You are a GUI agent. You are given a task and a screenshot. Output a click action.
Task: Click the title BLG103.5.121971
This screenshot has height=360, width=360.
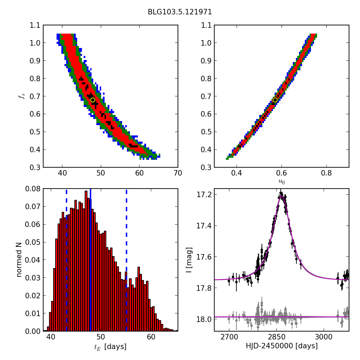point(180,12)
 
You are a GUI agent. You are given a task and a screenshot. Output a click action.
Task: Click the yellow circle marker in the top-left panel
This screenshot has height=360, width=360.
point(93,100)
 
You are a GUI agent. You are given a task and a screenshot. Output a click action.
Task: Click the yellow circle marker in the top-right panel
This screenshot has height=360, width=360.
point(275,100)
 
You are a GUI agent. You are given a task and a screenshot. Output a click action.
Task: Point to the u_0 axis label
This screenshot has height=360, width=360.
point(281,182)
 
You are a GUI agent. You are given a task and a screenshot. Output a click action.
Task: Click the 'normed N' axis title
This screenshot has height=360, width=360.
point(19,260)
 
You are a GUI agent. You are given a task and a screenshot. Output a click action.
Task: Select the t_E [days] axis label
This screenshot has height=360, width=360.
point(110,347)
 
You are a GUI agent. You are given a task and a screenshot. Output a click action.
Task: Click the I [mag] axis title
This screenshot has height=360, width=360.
point(189,260)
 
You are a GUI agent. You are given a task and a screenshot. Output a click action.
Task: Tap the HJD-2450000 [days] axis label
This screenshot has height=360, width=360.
point(281,346)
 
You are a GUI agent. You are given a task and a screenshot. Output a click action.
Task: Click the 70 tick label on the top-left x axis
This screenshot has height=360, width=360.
point(178,173)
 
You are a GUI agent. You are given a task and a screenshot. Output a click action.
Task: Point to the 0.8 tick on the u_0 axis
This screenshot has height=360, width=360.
point(326,173)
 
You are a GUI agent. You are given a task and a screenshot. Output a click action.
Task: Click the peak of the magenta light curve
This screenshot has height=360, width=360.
point(281,196)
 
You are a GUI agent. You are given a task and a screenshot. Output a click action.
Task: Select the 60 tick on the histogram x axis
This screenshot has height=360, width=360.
point(151,337)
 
